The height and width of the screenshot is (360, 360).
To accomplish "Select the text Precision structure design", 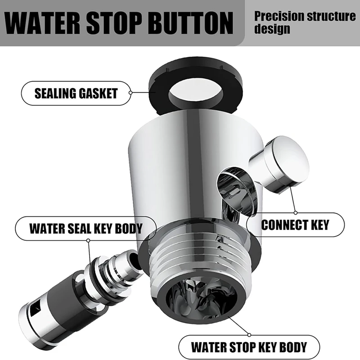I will pyautogui.click(x=304, y=22).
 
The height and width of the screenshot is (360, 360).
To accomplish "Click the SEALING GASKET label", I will pyautogui.click(x=76, y=94).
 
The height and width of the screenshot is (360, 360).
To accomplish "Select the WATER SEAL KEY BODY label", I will pyautogui.click(x=85, y=228).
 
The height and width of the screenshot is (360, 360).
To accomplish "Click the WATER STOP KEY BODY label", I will pyautogui.click(x=248, y=347).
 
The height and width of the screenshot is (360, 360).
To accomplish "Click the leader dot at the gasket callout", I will pyautogui.click(x=130, y=93).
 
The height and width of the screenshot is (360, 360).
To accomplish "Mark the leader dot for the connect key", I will pyautogui.click(x=295, y=212).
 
